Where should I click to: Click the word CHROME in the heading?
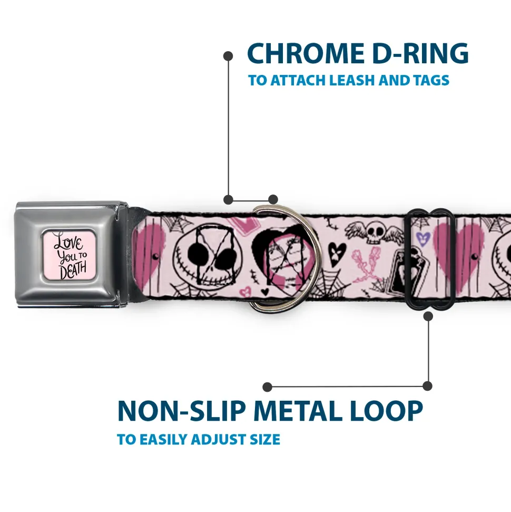306,53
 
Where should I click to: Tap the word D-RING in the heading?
420,53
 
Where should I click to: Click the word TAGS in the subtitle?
431,80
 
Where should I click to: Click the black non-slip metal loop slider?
429,259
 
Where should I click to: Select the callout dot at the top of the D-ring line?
228,56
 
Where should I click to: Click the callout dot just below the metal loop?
428,316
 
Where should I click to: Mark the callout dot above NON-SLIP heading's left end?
267,387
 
